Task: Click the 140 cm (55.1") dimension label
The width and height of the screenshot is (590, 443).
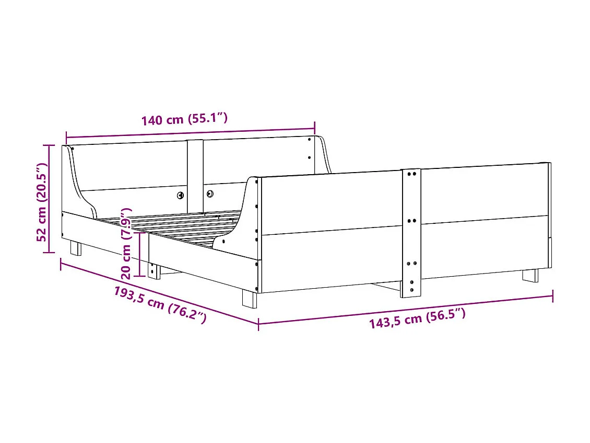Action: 184,119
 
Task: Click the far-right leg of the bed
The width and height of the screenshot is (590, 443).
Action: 530,276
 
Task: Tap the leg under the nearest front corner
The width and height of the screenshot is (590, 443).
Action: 249,299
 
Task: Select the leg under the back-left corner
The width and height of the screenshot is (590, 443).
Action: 76,248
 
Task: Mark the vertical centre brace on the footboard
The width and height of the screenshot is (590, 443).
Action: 411,233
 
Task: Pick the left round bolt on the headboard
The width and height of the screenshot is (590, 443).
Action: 180,195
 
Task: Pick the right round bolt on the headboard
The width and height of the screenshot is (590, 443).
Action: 210,194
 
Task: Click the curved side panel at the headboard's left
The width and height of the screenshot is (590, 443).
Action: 78,183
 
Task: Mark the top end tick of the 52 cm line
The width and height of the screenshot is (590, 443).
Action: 49,145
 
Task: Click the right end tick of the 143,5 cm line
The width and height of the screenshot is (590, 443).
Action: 552,297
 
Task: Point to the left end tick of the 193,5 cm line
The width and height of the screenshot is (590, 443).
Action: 61,264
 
